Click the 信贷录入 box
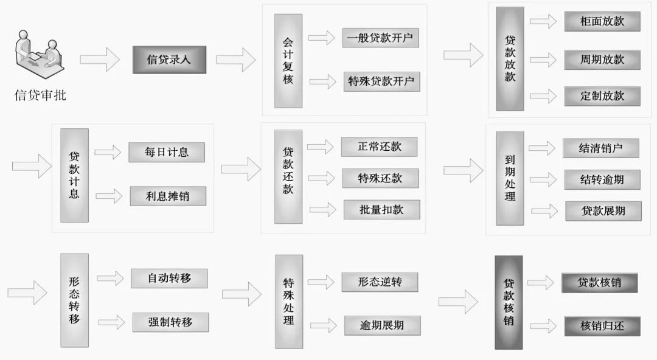pyautogui.click(x=169, y=60)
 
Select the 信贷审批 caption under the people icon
pyautogui.click(x=41, y=95)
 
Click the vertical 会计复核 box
pyautogui.click(x=288, y=61)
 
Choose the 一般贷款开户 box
pyautogui.click(x=380, y=38)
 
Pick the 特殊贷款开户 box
pyautogui.click(x=381, y=81)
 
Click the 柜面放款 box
pyautogui.click(x=602, y=21)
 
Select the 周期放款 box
pyautogui.click(x=602, y=59)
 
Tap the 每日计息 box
pyautogui.click(x=166, y=152)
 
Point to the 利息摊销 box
pyautogui.click(x=167, y=196)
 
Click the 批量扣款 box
pyautogui.click(x=381, y=210)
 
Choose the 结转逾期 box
pyautogui.click(x=602, y=179)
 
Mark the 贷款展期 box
pyautogui.click(x=603, y=211)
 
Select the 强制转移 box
pyautogui.click(x=170, y=322)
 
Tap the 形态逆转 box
pyautogui.click(x=380, y=282)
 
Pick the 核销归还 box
pyautogui.click(x=602, y=325)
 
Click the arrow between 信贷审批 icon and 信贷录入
pyautogui.click(x=100, y=59)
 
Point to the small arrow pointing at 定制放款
pyautogui.click(x=543, y=96)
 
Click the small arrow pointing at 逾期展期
pyautogui.click(x=322, y=324)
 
